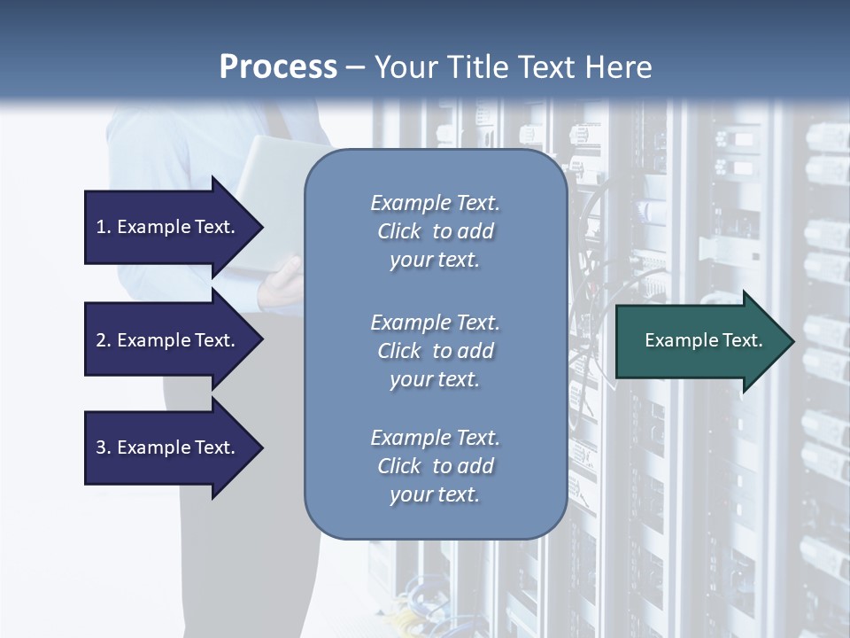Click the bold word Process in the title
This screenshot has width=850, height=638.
[278, 67]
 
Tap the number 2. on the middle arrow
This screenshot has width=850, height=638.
[104, 340]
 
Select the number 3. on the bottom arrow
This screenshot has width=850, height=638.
[104, 447]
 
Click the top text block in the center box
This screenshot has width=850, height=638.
[435, 231]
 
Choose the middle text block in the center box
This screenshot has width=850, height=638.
[435, 351]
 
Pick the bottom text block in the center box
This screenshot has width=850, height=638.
[435, 466]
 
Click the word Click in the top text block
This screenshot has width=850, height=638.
[399, 231]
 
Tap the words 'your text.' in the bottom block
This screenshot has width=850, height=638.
[435, 494]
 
